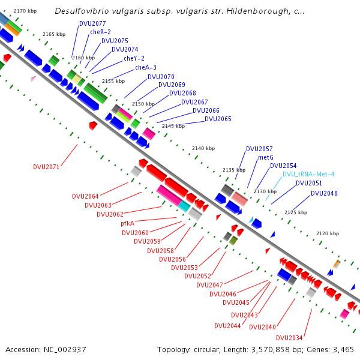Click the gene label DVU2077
tap(92, 23)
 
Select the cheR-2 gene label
tap(100, 32)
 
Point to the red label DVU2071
tap(46, 167)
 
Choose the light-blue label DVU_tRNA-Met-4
tap(308, 174)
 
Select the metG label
tap(266, 157)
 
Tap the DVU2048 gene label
tap(324, 193)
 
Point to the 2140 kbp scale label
tap(203, 148)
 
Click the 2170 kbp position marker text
tap(25, 11)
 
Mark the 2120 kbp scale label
tap(328, 233)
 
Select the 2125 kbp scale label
tap(295, 212)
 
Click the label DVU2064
tap(85, 196)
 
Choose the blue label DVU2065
tap(218, 119)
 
